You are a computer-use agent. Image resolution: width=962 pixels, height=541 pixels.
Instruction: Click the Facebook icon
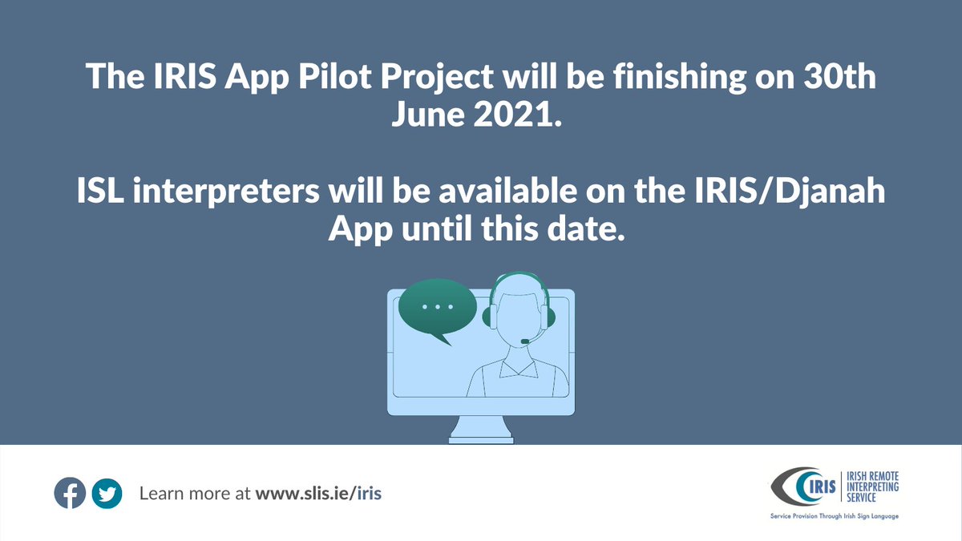point(70,493)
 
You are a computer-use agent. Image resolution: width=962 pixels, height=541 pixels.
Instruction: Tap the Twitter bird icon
point(106,493)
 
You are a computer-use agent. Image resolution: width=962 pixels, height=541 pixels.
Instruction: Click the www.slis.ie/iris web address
point(318,494)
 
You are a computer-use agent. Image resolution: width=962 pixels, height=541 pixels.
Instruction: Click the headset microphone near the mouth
point(525,341)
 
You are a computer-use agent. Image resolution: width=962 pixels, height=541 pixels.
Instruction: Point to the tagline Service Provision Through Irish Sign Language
point(834,516)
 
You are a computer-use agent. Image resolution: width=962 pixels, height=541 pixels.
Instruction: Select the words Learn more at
point(196,494)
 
